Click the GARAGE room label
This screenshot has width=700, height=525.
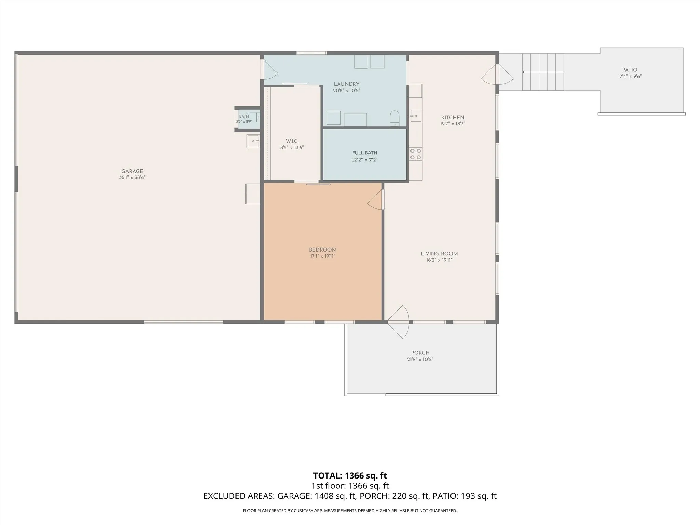coord(132,171)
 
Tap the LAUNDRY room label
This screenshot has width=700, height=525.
coord(347,84)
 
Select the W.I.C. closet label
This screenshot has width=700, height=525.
coord(292,141)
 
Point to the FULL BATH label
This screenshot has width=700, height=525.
coord(365,153)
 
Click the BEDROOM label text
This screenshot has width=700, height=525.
coord(323,250)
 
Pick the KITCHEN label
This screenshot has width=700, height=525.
coord(453,118)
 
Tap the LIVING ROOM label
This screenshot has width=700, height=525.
coord(439,254)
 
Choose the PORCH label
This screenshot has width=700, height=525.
coord(420,353)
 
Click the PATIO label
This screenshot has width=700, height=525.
coord(630,70)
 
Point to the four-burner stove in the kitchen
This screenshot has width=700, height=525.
coord(416,154)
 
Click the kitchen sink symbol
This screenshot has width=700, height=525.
coord(416,116)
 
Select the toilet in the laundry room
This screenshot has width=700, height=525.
coord(394,118)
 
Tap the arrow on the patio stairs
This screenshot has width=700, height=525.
coord(543,72)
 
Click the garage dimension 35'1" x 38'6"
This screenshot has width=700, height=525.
coord(132,178)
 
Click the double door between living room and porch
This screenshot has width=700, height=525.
coord(398,322)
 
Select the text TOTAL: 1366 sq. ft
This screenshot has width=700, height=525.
coord(350,475)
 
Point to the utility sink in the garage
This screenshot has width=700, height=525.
coord(253,141)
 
